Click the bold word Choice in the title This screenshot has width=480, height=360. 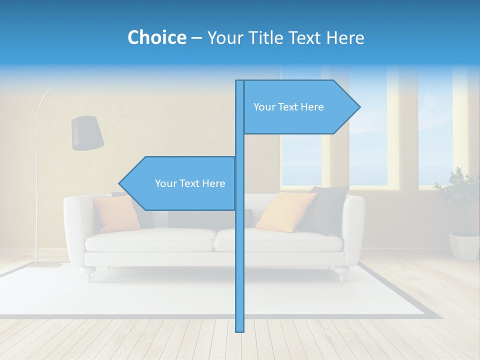pos(156,37)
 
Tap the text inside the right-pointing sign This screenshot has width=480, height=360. pos(288,107)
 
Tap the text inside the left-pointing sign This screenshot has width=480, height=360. pos(190,183)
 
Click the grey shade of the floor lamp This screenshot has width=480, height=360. pos(87,132)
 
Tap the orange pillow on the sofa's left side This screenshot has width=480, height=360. pos(116,213)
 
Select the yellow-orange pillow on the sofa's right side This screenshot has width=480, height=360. pos(285,211)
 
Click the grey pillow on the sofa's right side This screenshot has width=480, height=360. pos(325,209)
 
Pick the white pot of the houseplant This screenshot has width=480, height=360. pos(464,246)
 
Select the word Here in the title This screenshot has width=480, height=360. pos(345,37)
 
